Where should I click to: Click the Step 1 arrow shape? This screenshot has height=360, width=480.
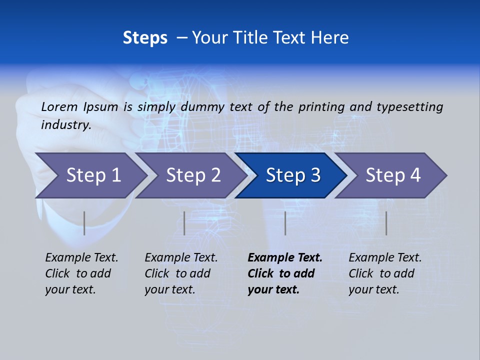[93, 175]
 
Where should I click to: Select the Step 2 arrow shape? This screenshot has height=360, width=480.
[193, 175]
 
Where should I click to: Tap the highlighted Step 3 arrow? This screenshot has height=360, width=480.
[293, 175]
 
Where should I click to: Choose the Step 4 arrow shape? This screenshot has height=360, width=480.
[393, 175]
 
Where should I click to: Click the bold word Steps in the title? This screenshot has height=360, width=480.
[145, 38]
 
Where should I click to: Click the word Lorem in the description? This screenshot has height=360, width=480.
[59, 106]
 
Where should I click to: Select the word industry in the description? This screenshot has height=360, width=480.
[65, 124]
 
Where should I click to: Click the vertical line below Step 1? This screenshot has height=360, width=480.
[84, 223]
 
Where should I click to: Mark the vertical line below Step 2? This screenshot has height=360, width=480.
[184, 223]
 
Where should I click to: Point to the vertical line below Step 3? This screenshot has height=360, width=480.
[285, 223]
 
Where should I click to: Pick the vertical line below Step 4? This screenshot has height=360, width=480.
[386, 223]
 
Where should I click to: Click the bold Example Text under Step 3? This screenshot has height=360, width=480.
[285, 257]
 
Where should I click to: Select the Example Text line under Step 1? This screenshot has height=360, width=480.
[81, 257]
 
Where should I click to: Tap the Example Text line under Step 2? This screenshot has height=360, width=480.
[181, 257]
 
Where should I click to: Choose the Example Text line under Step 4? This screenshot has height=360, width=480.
[385, 257]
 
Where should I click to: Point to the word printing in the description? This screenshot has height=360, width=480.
[321, 106]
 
